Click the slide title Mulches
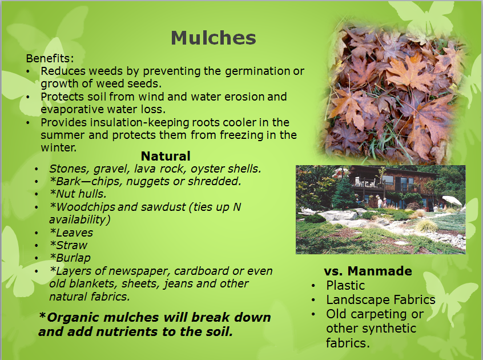[214, 38]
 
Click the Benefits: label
[50, 58]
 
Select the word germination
[257, 71]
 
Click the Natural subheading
[166, 156]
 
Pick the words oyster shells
[226, 169]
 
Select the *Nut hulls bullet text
[78, 194]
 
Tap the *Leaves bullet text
[71, 233]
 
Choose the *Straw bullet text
[69, 245]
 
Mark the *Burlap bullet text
[70, 258]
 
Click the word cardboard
[202, 271]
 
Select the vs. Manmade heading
[368, 271]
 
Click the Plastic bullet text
[345, 285]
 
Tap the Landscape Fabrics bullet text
[381, 299]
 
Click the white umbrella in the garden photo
[452, 201]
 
